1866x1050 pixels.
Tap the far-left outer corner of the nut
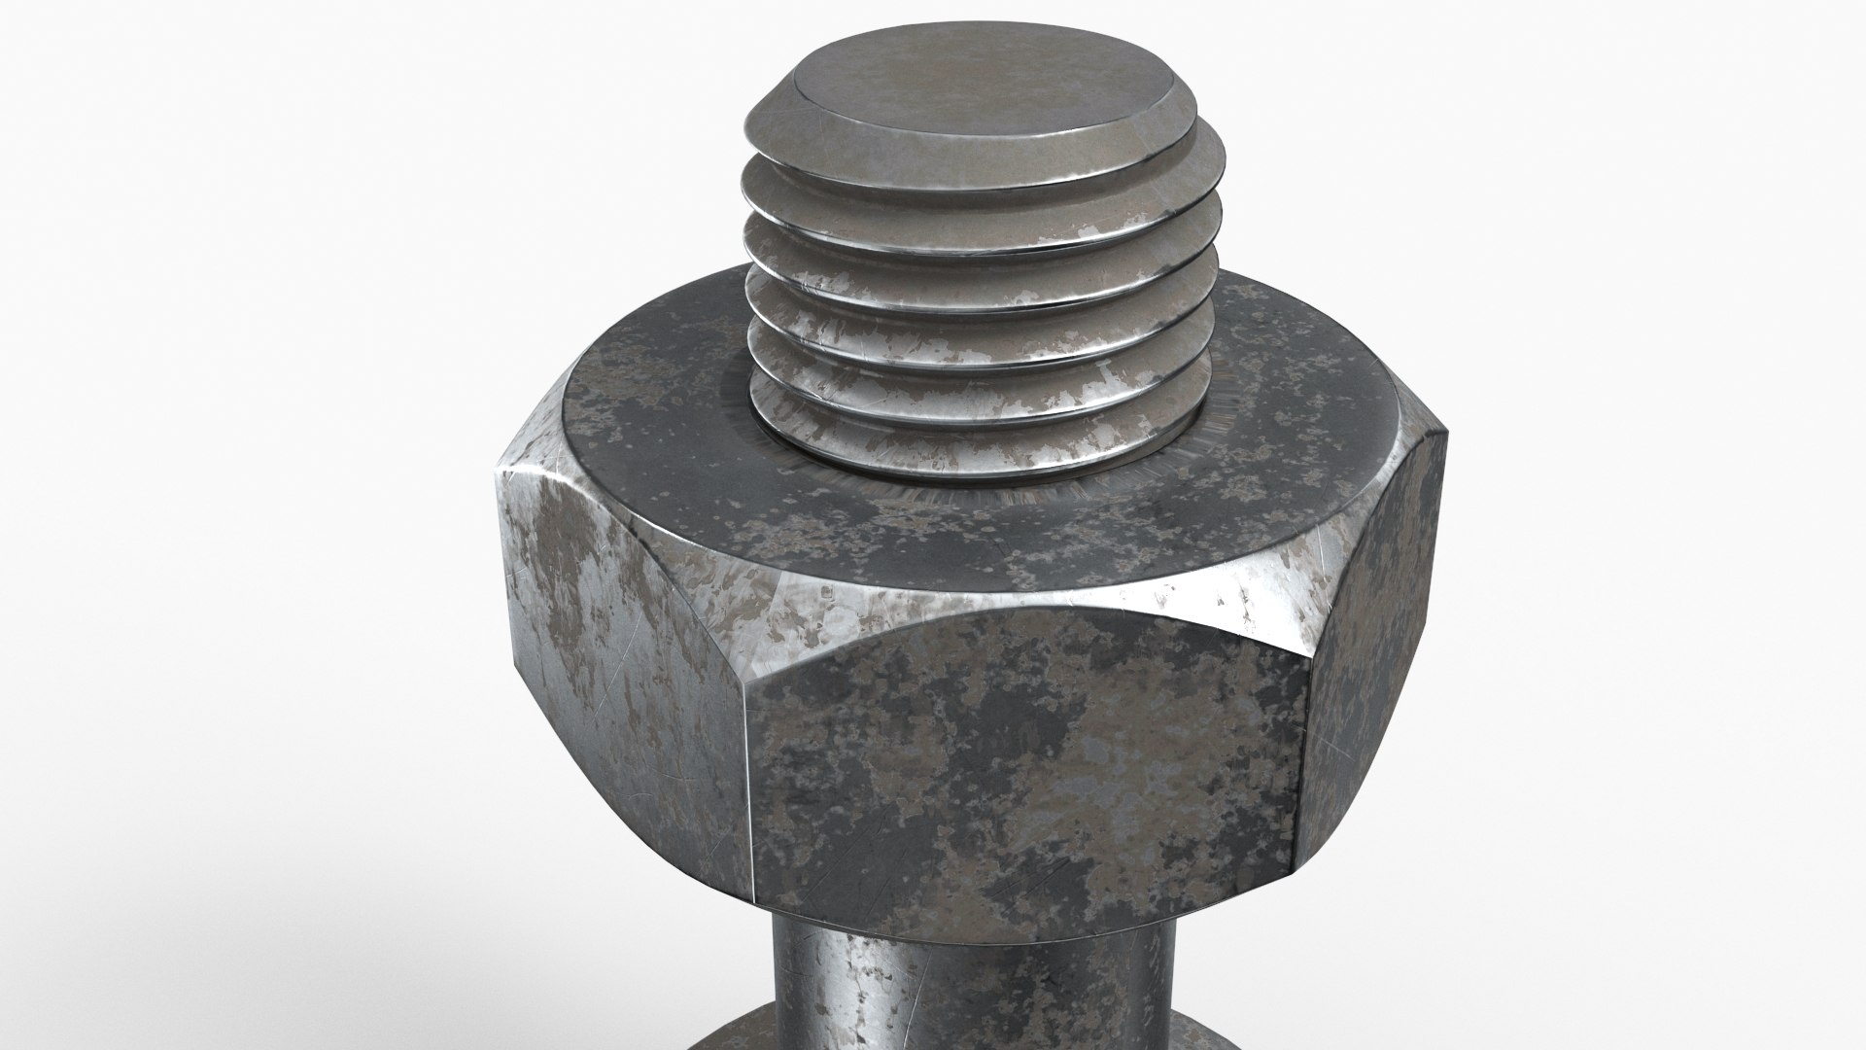tap(498, 476)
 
